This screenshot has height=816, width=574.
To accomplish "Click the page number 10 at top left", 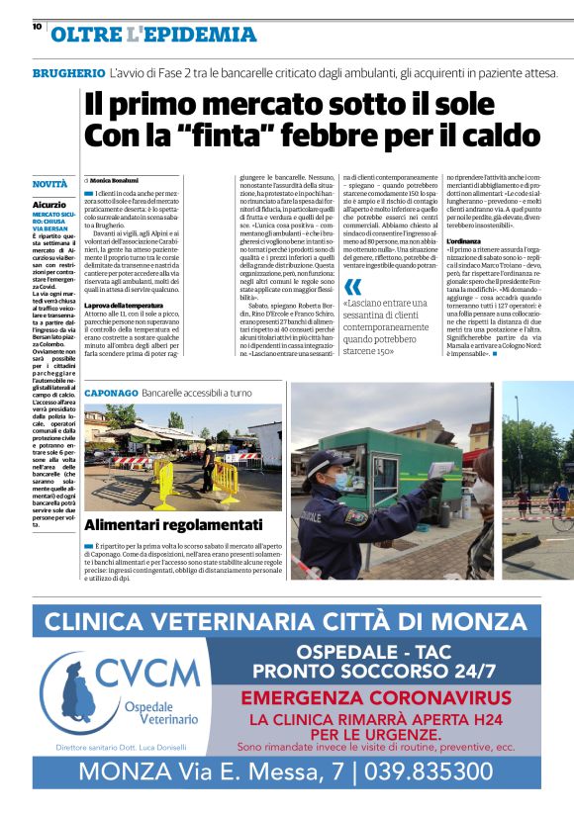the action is point(37,27).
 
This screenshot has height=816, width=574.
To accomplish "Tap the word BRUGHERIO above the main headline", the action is point(68,74).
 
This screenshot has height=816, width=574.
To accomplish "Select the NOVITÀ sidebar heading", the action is point(50,184).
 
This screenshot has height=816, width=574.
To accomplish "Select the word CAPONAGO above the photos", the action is point(110,392).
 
